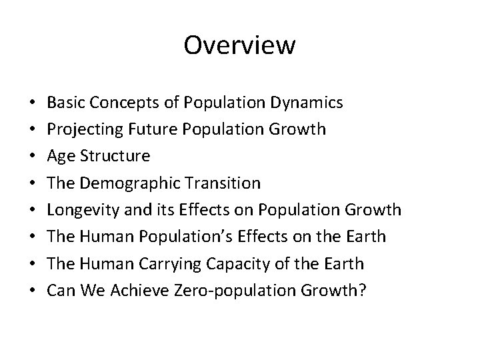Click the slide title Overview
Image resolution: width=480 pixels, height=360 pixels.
(239, 45)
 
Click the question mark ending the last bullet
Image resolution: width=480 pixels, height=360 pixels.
(363, 291)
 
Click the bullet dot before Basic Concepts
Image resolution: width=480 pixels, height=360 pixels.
(33, 103)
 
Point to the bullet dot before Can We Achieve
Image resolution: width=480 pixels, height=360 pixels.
(33, 291)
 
